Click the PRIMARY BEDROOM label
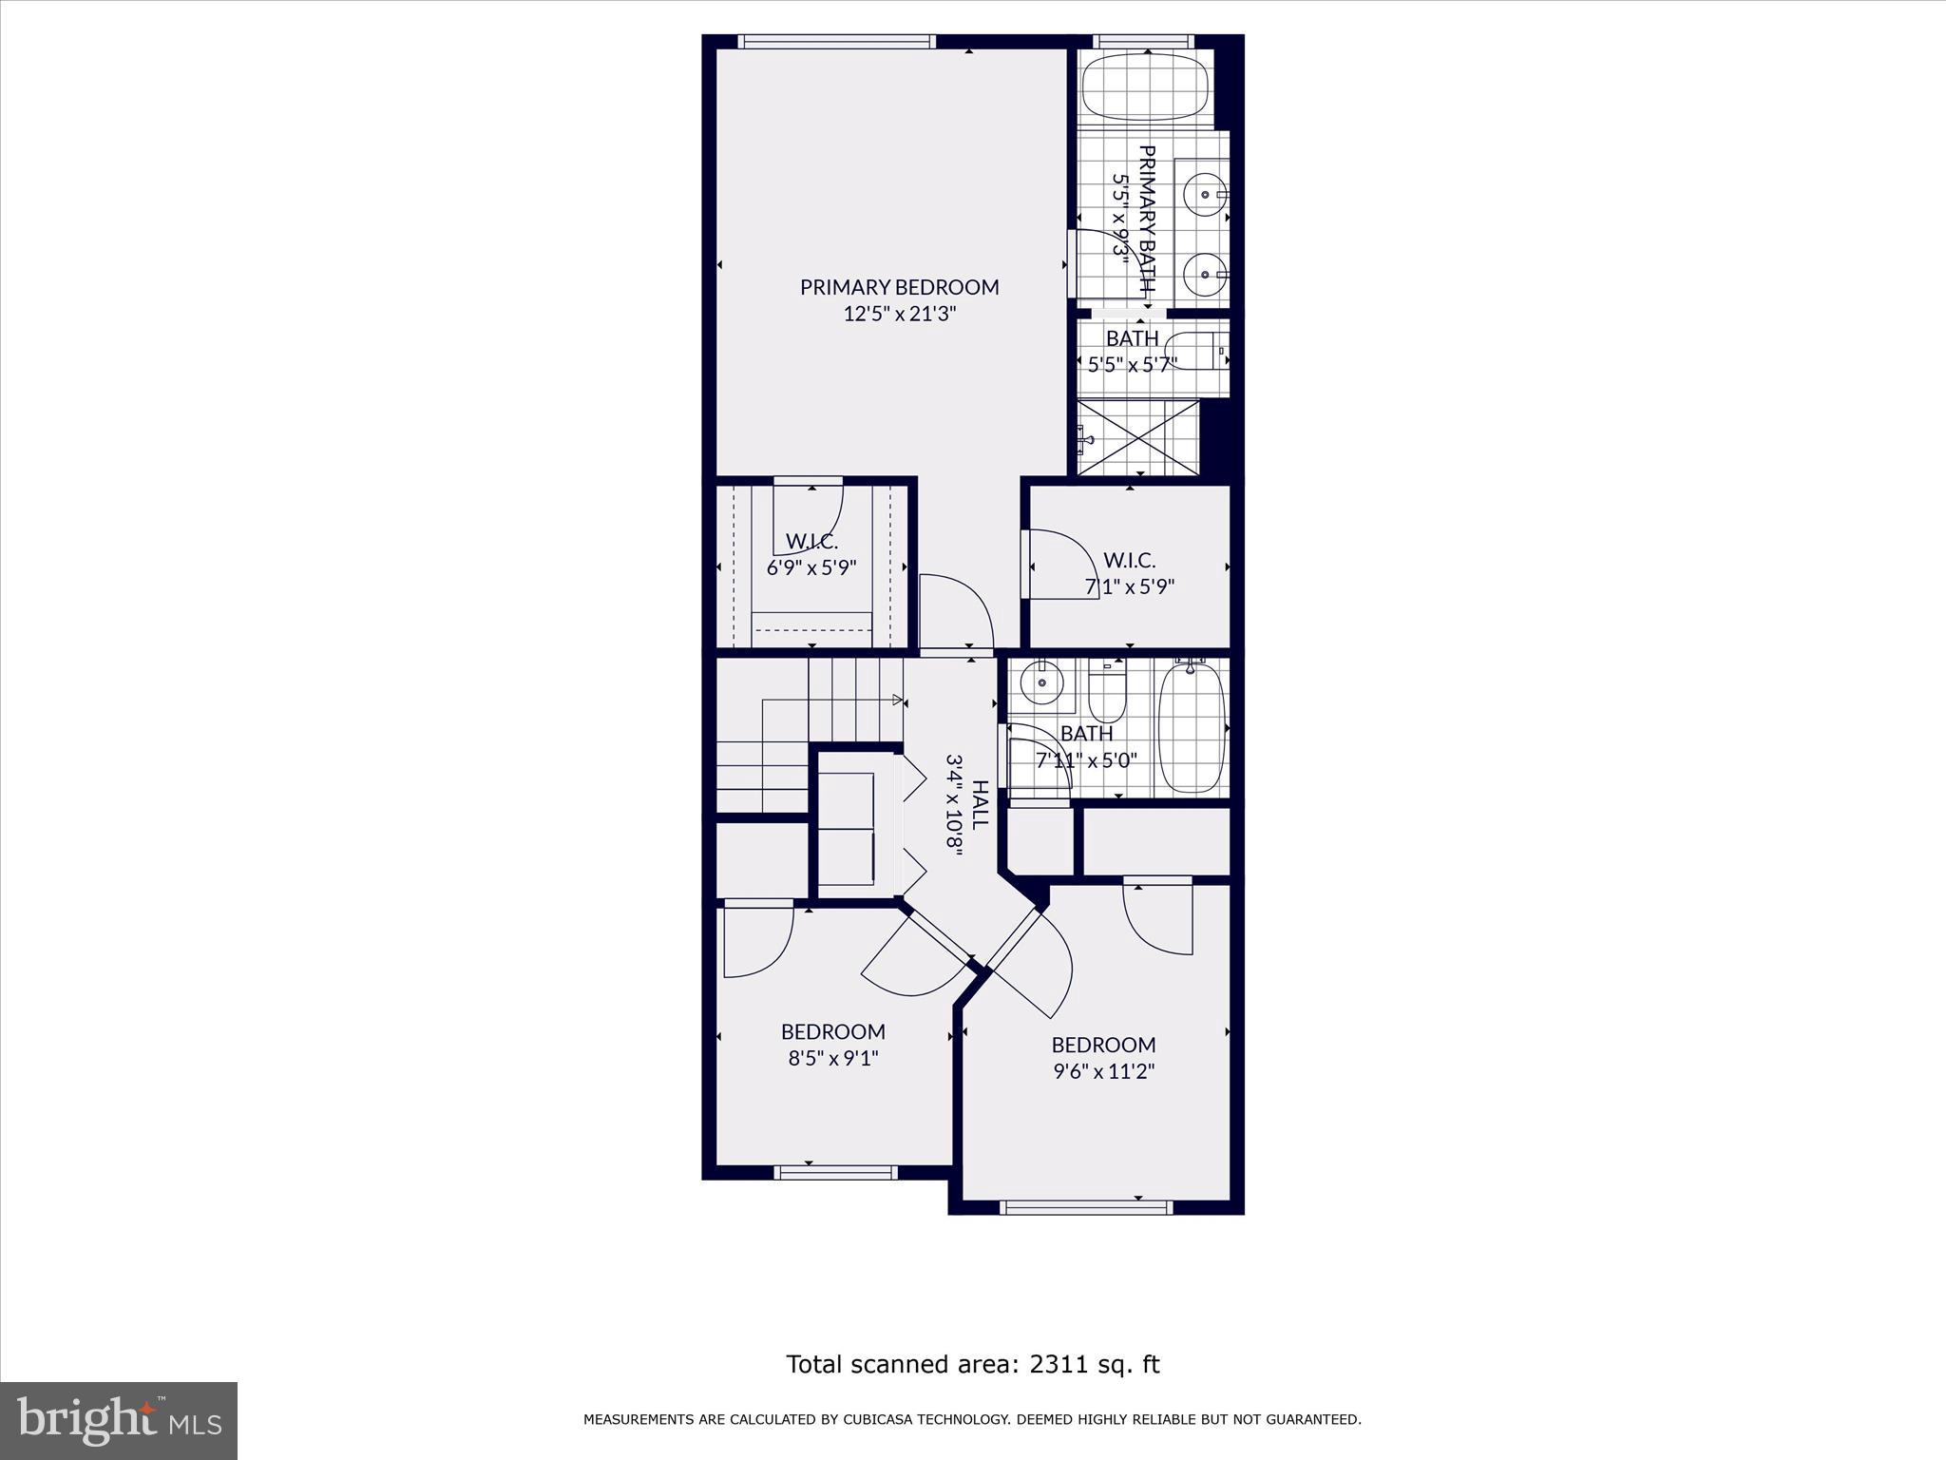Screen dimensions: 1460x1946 (x=899, y=286)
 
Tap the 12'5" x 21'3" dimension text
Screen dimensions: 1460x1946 (x=899, y=314)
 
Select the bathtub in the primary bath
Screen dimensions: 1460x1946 (x=1145, y=86)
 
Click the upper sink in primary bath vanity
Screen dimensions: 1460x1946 (x=1206, y=195)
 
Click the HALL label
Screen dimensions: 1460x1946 (x=980, y=804)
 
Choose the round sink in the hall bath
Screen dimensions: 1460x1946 (x=1042, y=682)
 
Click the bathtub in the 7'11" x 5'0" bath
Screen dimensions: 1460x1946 (x=1192, y=728)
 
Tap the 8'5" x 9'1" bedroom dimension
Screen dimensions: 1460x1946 (x=833, y=1058)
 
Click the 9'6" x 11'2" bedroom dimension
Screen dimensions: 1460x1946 (x=1103, y=1071)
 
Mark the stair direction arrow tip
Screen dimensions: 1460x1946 (x=900, y=701)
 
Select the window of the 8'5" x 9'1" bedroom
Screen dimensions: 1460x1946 (x=836, y=1172)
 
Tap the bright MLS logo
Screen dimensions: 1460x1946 (x=119, y=1420)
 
